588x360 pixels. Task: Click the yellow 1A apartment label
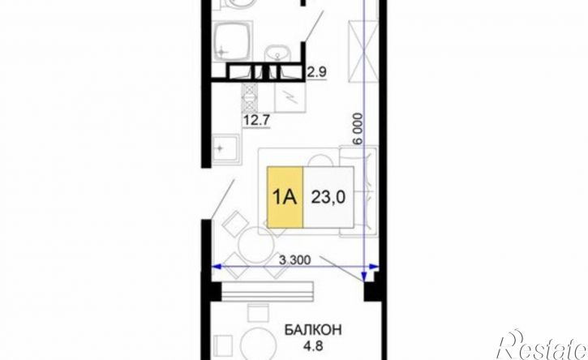tap(285, 197)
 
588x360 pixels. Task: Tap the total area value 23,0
tap(328, 197)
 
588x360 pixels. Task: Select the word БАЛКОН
tap(313, 330)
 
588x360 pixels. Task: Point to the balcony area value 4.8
tap(313, 345)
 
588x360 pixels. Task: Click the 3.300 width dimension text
tap(294, 260)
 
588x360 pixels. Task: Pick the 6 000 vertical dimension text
tap(358, 129)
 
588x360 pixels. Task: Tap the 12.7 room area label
tap(257, 121)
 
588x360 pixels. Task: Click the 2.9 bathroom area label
tap(316, 72)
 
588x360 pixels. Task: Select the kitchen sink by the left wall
tap(225, 149)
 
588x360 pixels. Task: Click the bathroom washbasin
tap(277, 54)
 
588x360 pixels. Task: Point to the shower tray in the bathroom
tap(232, 41)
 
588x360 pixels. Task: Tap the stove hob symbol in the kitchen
tap(249, 96)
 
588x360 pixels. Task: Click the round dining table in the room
tap(256, 245)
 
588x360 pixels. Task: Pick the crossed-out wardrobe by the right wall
tap(362, 51)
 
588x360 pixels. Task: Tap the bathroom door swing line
tap(314, 25)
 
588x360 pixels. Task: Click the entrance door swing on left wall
tap(222, 199)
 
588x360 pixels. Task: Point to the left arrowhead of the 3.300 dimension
tap(217, 267)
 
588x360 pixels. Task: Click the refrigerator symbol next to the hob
tap(290, 96)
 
